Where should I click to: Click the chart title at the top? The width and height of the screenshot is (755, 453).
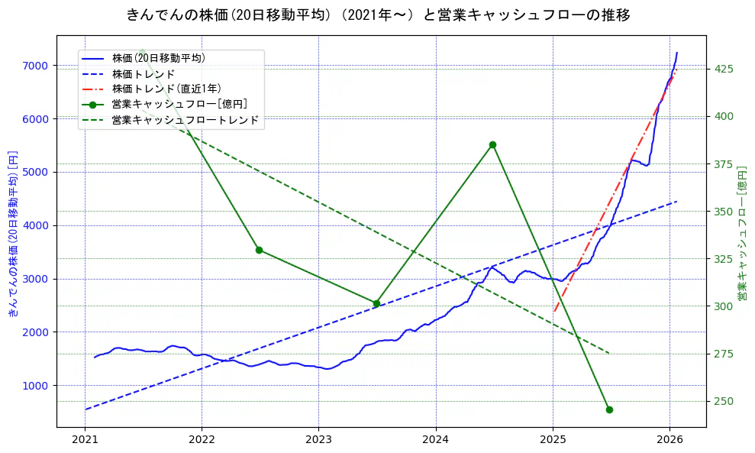377,15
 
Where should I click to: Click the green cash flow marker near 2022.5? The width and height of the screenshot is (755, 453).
259,250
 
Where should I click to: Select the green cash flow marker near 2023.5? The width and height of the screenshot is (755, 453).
376,303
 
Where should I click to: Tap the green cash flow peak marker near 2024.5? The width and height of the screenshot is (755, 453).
492,144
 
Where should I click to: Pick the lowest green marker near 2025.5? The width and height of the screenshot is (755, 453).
609,409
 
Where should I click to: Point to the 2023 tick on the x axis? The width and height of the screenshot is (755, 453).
318,439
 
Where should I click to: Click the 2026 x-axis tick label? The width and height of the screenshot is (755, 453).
669,439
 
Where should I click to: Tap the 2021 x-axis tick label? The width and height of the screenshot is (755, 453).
85,439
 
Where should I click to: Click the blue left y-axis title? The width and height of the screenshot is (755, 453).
13,233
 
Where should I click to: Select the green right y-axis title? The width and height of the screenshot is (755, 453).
742,233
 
